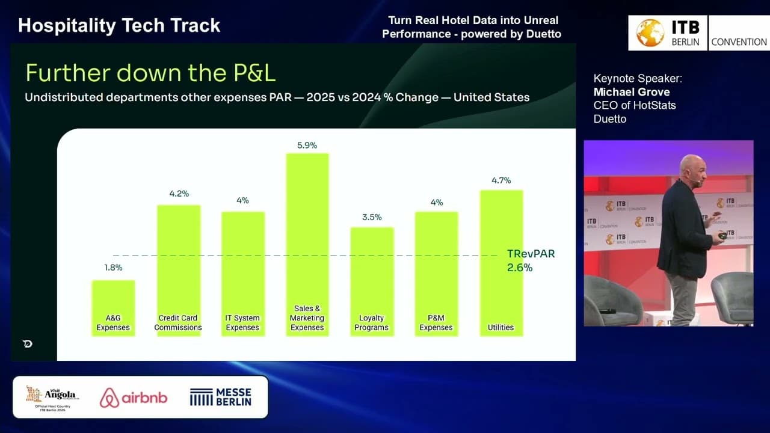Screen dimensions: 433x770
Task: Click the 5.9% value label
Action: [x=307, y=146]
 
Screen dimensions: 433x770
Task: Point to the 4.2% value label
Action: [x=179, y=194]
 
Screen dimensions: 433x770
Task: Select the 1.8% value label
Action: [x=113, y=268]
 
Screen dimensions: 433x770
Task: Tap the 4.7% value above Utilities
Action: [x=501, y=180]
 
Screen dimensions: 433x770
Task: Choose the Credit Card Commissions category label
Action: [x=178, y=323]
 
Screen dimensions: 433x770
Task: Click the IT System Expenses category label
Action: [x=242, y=323]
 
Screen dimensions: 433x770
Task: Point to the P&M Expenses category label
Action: [x=436, y=323]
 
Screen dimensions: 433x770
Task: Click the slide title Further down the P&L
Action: [x=150, y=73]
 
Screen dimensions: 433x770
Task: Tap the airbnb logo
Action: [x=134, y=398]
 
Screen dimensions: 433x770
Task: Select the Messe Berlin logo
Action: [x=221, y=397]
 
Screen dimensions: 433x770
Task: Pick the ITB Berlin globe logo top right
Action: [x=650, y=33]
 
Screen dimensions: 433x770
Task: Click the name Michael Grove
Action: [x=631, y=92]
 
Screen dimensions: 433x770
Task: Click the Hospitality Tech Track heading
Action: [x=119, y=25]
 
